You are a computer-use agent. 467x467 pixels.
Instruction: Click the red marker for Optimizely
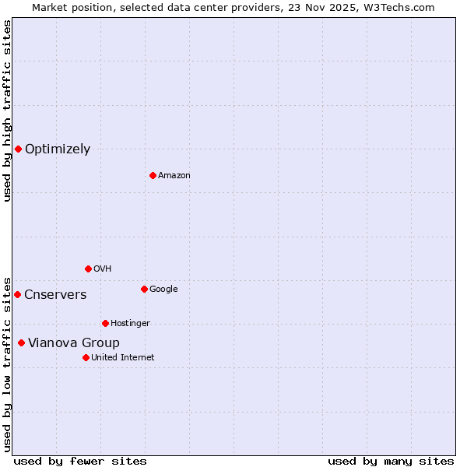(18, 149)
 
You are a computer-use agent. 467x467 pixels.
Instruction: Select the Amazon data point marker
(153, 175)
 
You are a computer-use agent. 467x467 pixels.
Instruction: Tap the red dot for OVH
(88, 269)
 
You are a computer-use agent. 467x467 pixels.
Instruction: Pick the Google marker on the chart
(144, 289)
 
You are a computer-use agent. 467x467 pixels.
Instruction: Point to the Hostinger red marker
(105, 323)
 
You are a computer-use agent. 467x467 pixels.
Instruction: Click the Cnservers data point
(17, 294)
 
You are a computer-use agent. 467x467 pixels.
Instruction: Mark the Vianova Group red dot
(21, 342)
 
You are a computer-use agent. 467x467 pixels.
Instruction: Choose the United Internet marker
(86, 357)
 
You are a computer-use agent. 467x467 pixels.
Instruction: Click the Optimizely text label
(58, 149)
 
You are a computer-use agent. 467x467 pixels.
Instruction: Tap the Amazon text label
(174, 176)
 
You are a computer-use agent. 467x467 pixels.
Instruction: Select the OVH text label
(103, 269)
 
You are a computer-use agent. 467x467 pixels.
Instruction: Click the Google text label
(163, 290)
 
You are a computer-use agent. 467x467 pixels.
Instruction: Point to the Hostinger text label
(130, 324)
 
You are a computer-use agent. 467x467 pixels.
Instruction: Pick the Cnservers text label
(55, 295)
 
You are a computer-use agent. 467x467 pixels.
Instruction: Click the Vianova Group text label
(74, 343)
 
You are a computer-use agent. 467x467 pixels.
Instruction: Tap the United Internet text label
(123, 358)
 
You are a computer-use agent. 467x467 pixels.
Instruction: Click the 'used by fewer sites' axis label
(80, 462)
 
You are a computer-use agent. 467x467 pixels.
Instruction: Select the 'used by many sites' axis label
(391, 462)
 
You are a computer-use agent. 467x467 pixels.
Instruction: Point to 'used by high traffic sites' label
(7, 111)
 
